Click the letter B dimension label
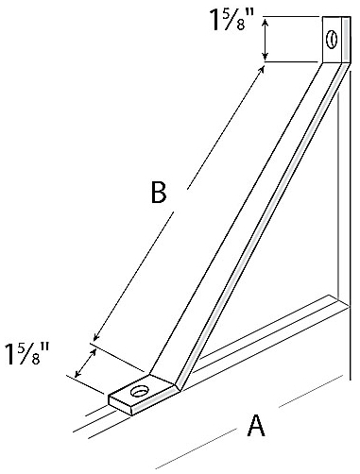click(x=158, y=192)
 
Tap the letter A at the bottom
click(x=255, y=427)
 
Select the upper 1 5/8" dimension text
click(x=231, y=21)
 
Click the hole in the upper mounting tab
click(x=332, y=40)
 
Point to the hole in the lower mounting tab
click(x=140, y=391)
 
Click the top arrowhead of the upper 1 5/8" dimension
click(x=266, y=23)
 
